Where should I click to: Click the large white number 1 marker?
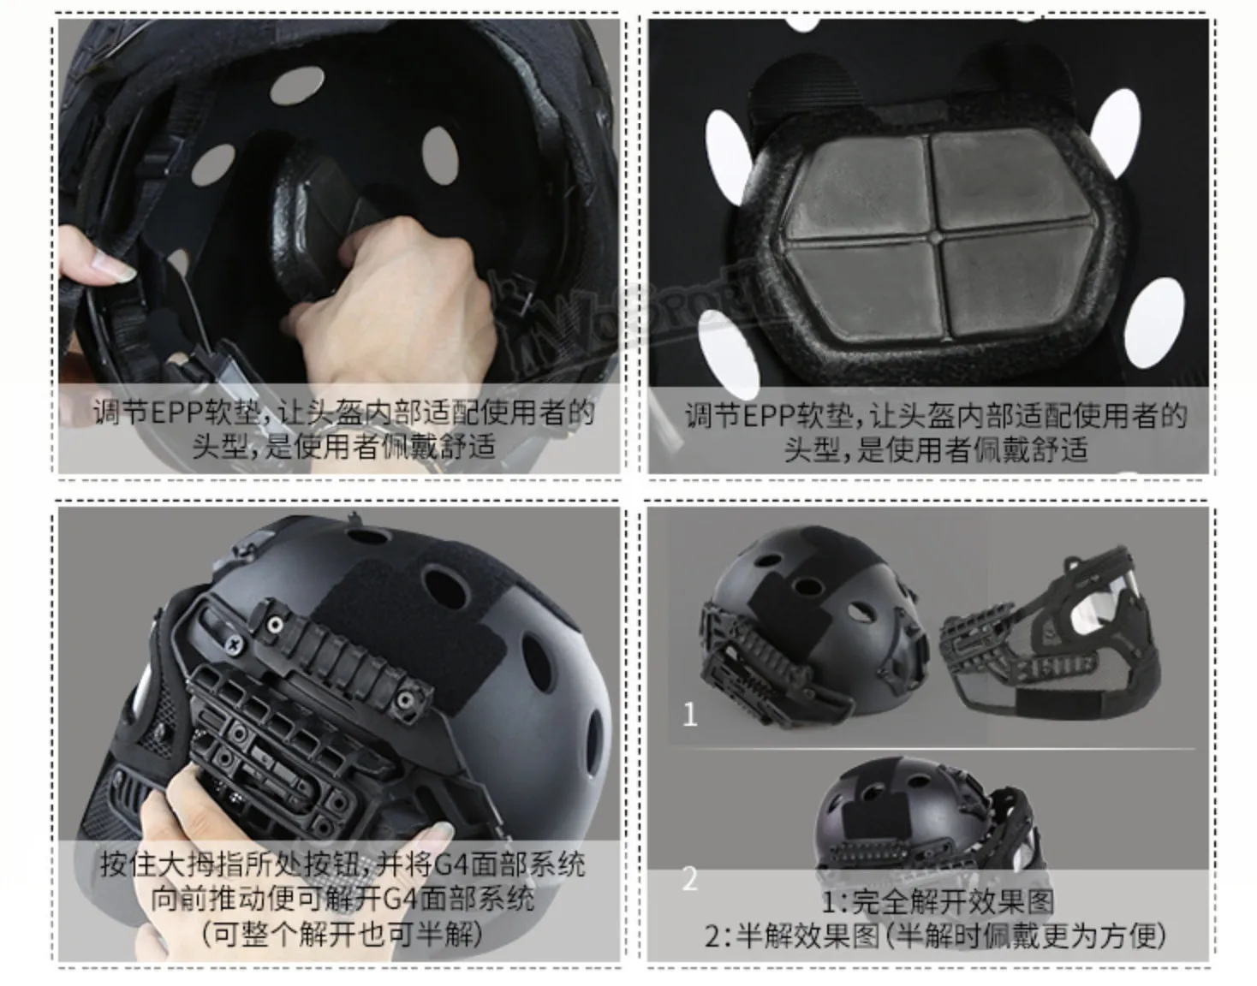(689, 715)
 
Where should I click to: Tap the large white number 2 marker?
(690, 879)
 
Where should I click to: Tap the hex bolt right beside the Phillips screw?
(276, 624)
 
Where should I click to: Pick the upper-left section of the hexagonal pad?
(857, 185)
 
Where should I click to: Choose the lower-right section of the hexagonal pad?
(1009, 287)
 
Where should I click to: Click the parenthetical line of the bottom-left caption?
(342, 936)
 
